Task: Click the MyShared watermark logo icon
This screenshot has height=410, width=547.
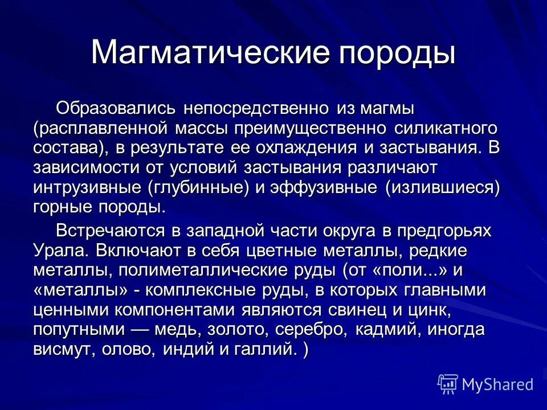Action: click(x=447, y=384)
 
